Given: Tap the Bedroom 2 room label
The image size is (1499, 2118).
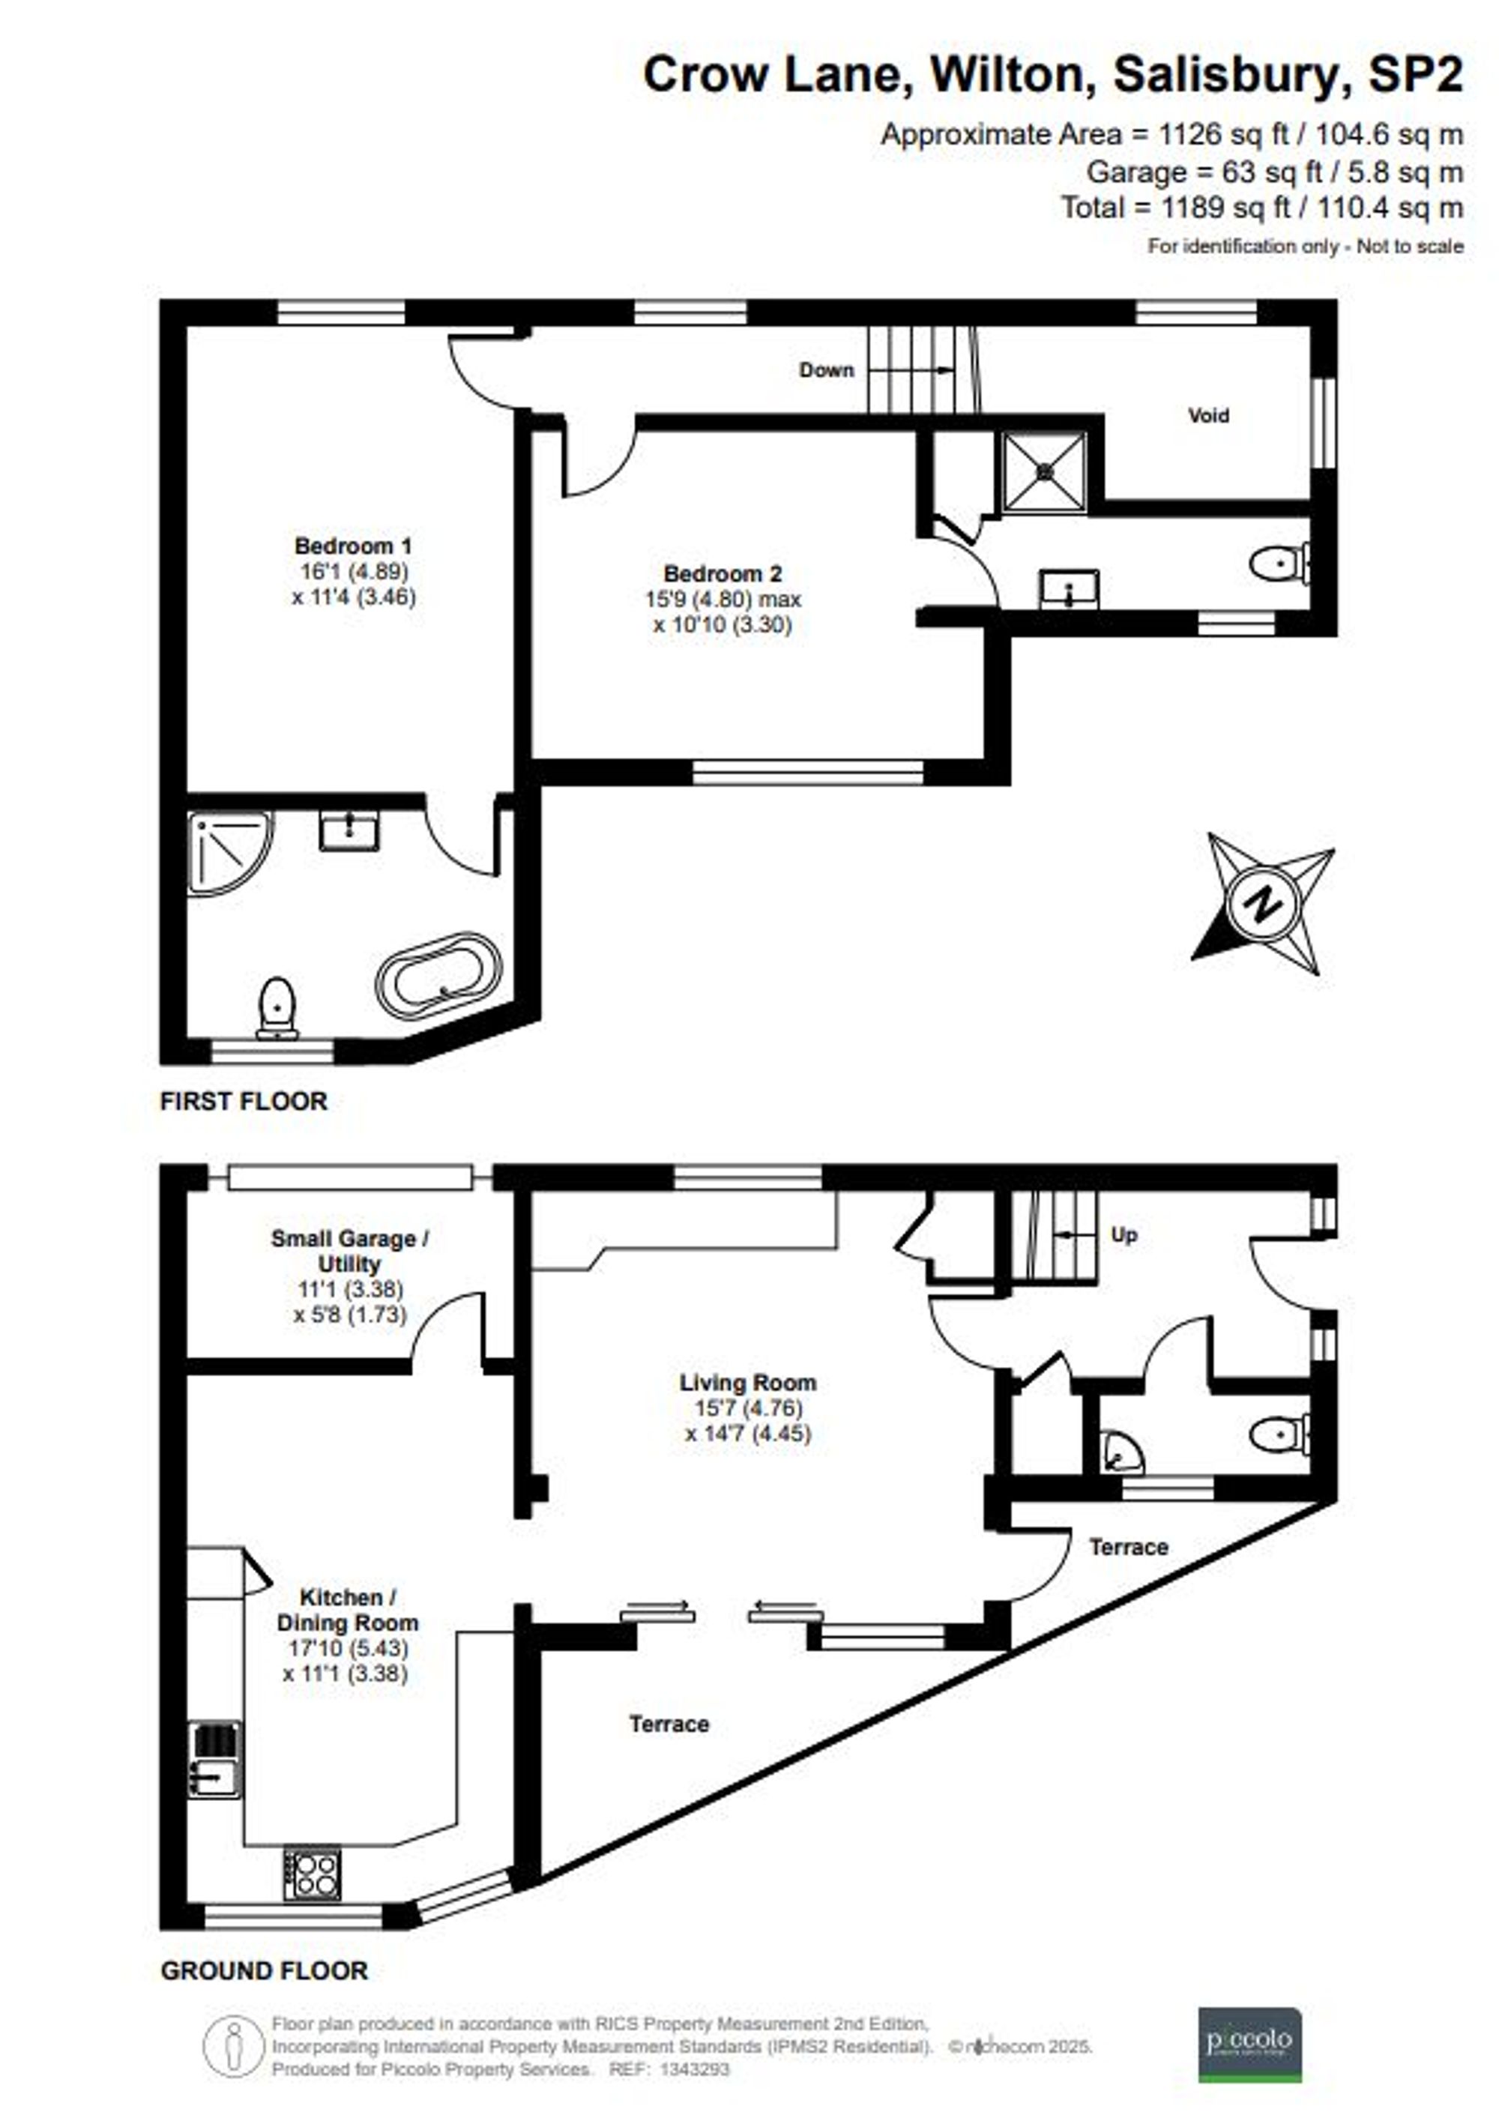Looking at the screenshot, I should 722,573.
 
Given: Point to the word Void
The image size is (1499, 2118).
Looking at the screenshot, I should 1207,415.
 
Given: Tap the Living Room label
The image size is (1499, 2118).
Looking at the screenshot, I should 748,1383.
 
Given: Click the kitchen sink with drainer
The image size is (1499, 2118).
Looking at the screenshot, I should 214,1758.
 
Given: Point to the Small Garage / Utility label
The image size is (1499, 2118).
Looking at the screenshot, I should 349,1252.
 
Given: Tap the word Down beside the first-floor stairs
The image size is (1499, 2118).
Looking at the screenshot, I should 826,370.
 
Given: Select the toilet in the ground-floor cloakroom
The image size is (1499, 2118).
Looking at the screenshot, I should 1279,1435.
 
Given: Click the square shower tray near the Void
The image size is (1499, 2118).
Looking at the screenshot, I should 1045,471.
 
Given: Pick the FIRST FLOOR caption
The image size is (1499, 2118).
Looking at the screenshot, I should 244,1101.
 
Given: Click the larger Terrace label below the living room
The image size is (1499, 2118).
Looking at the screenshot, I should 669,1723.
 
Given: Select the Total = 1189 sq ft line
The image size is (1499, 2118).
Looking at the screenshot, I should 1261,208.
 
